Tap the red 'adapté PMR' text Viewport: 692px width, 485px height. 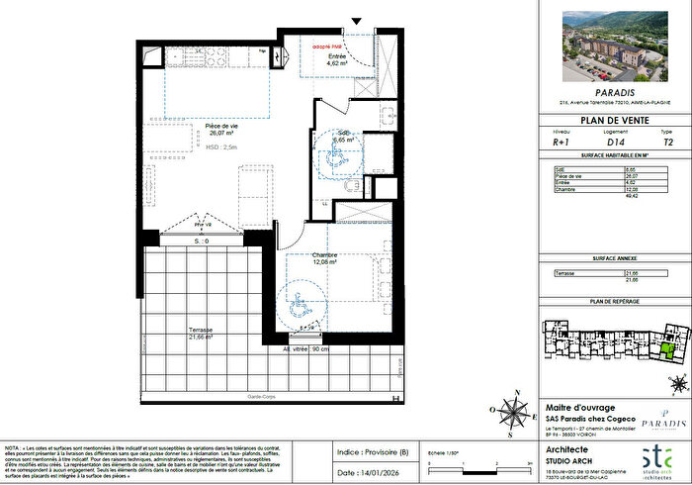pyautogui.click(x=327, y=47)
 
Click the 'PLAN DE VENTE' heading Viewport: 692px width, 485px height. pyautogui.click(x=613, y=121)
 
